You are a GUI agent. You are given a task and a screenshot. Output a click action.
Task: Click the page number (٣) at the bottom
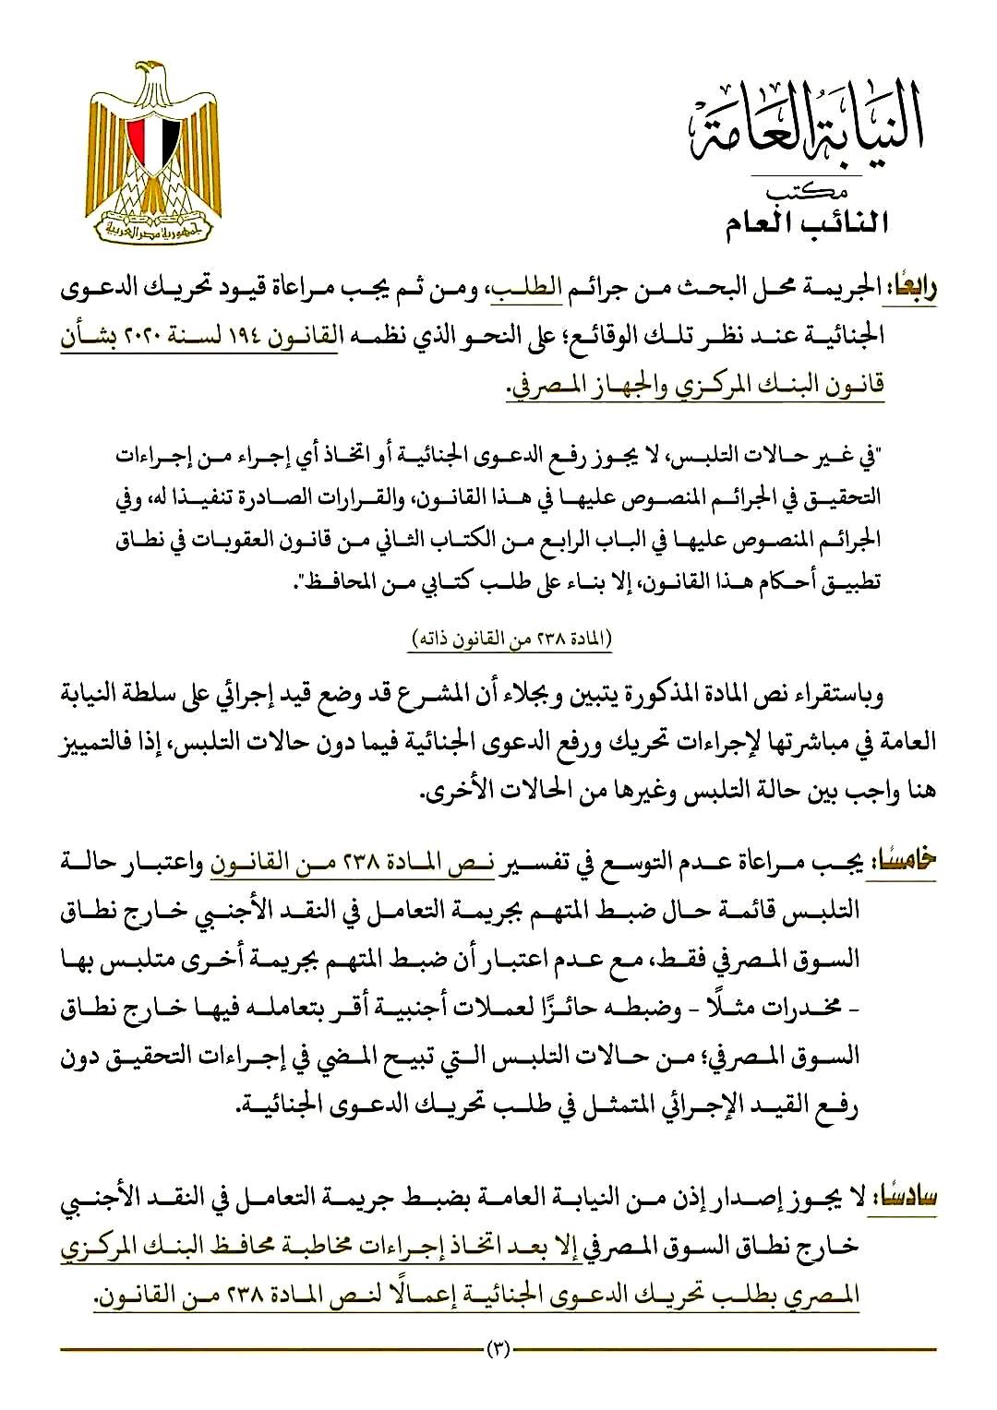[x=498, y=1350]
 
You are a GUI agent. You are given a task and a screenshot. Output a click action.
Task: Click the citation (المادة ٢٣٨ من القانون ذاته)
[x=513, y=639]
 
